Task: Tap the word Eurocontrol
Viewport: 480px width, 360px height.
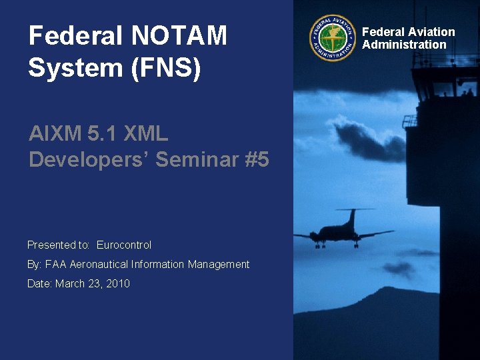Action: coord(124,245)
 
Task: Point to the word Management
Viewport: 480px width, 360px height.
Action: coord(218,265)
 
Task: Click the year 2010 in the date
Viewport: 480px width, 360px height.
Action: coord(117,284)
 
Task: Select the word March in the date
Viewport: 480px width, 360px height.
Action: coord(70,284)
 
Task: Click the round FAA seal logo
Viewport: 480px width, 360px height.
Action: coord(333,38)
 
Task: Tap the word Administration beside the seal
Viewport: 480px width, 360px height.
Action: coord(404,45)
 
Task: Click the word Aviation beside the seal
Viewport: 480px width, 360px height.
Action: coord(431,31)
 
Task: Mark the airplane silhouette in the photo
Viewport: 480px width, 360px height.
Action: coord(343,231)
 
